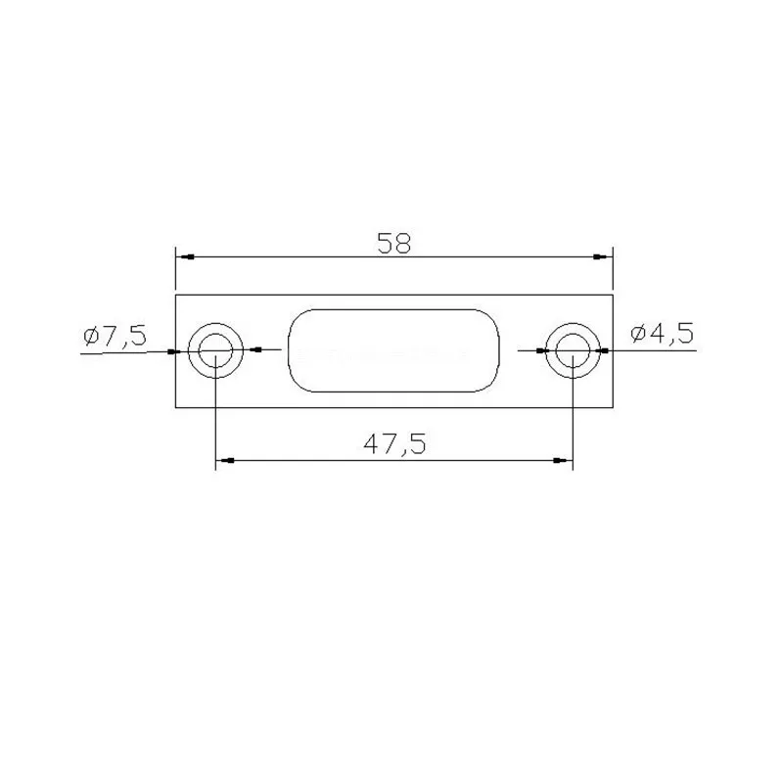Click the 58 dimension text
point(394,243)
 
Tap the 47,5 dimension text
point(394,444)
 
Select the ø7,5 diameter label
point(115,335)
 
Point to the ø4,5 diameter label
point(663,333)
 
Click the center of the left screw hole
point(215,350)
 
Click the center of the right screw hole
point(573,350)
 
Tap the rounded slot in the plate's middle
point(393,350)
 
